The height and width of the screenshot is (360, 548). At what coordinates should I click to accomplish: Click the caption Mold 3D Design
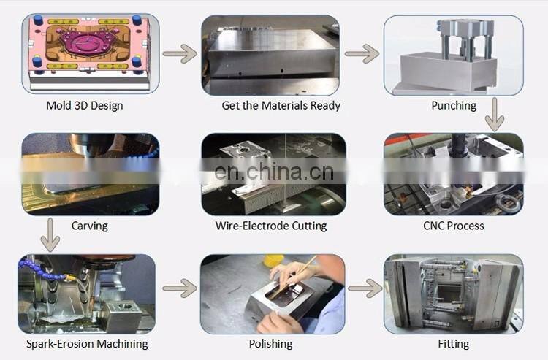pos(85,105)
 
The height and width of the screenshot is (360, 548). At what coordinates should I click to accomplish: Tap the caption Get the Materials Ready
pos(281,105)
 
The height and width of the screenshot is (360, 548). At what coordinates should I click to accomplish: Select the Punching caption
pos(453,105)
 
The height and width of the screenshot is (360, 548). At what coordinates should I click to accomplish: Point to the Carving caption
pos(90,226)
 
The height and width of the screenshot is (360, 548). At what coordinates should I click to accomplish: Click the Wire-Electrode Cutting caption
pos(271,226)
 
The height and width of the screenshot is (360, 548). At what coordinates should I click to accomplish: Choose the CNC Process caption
pos(454,226)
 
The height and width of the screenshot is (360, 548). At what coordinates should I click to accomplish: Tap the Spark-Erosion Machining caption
pos(87,343)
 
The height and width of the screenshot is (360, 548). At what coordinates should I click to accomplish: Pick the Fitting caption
pos(454,343)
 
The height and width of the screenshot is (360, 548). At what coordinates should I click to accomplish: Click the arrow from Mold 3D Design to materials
pos(180,53)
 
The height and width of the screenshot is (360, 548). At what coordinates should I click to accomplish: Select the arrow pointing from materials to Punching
pos(362,53)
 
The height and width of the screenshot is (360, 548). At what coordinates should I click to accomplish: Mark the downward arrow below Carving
pos(50,234)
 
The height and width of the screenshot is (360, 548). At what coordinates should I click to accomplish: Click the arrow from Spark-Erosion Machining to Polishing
pos(180,288)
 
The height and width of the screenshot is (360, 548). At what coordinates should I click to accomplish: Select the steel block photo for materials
pos(270,54)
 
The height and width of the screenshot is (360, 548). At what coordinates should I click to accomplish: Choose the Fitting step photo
pos(453,291)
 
